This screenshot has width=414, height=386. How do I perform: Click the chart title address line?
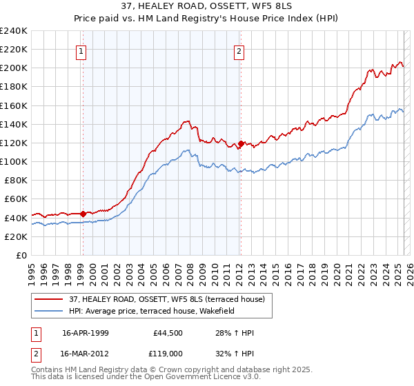(x=206, y=7)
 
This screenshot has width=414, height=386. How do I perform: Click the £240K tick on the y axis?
(x=14, y=31)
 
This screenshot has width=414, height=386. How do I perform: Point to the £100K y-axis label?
(x=14, y=161)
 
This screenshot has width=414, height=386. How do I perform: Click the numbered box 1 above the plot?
(x=81, y=50)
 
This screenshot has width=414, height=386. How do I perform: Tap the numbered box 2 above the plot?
(x=239, y=50)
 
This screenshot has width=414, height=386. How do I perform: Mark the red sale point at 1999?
(x=83, y=214)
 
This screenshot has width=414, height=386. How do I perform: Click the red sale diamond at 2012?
(x=241, y=144)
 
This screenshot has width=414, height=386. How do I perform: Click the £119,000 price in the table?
(x=168, y=352)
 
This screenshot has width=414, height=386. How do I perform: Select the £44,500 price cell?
(x=168, y=333)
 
